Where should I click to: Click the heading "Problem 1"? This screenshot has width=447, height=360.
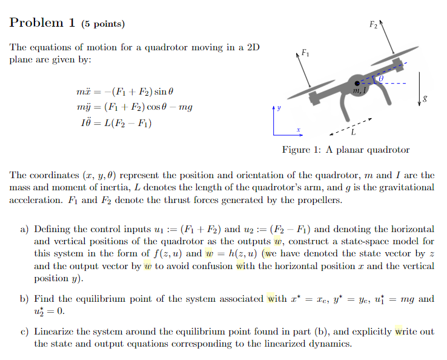pos(42,23)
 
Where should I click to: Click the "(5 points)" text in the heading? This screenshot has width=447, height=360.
pos(102,24)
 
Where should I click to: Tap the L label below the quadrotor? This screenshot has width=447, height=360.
pos(354,132)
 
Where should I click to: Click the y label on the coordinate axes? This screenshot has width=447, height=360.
pos(279,110)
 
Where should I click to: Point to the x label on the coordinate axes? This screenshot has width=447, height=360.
pos(297,130)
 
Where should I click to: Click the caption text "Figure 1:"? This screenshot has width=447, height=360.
pos(302,150)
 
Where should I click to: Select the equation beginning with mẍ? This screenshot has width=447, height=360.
pos(125,92)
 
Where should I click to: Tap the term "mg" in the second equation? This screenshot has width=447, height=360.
pos(186,107)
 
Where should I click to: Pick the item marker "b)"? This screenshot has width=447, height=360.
pos(24,299)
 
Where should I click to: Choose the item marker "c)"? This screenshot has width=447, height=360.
pos(24,332)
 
